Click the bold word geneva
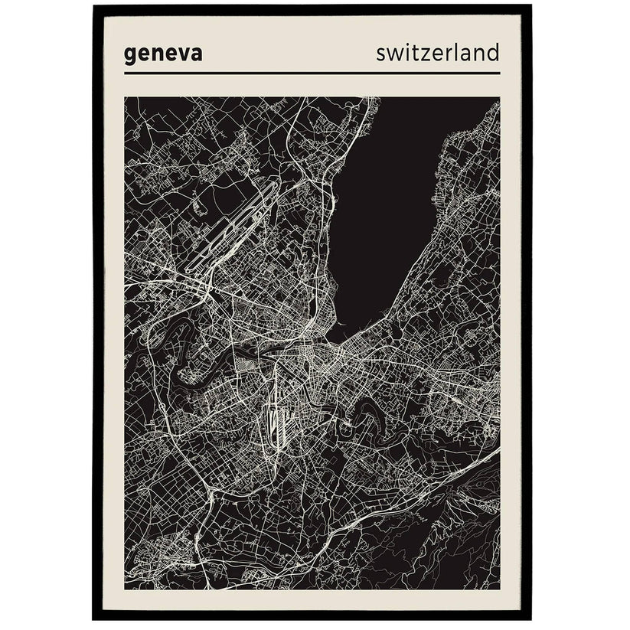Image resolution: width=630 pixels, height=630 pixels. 162,55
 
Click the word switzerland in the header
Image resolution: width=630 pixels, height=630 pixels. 437,53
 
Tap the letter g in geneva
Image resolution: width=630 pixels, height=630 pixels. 130,57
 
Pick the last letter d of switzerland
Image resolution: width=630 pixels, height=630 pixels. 492,52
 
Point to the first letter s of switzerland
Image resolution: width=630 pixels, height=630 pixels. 381,54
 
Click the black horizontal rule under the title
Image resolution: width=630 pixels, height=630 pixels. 312,73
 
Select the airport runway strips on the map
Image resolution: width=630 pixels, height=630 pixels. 230,230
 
